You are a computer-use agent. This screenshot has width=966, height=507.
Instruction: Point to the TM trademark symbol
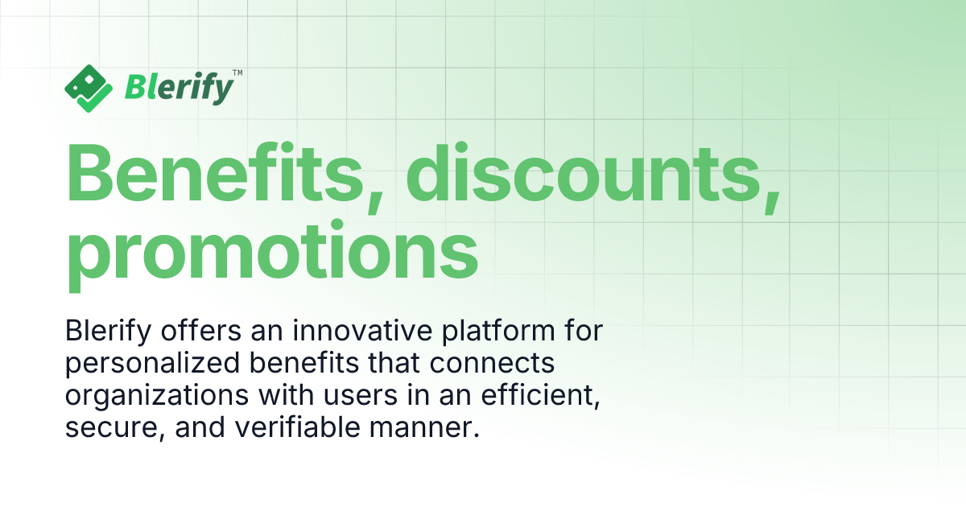click(x=237, y=73)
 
